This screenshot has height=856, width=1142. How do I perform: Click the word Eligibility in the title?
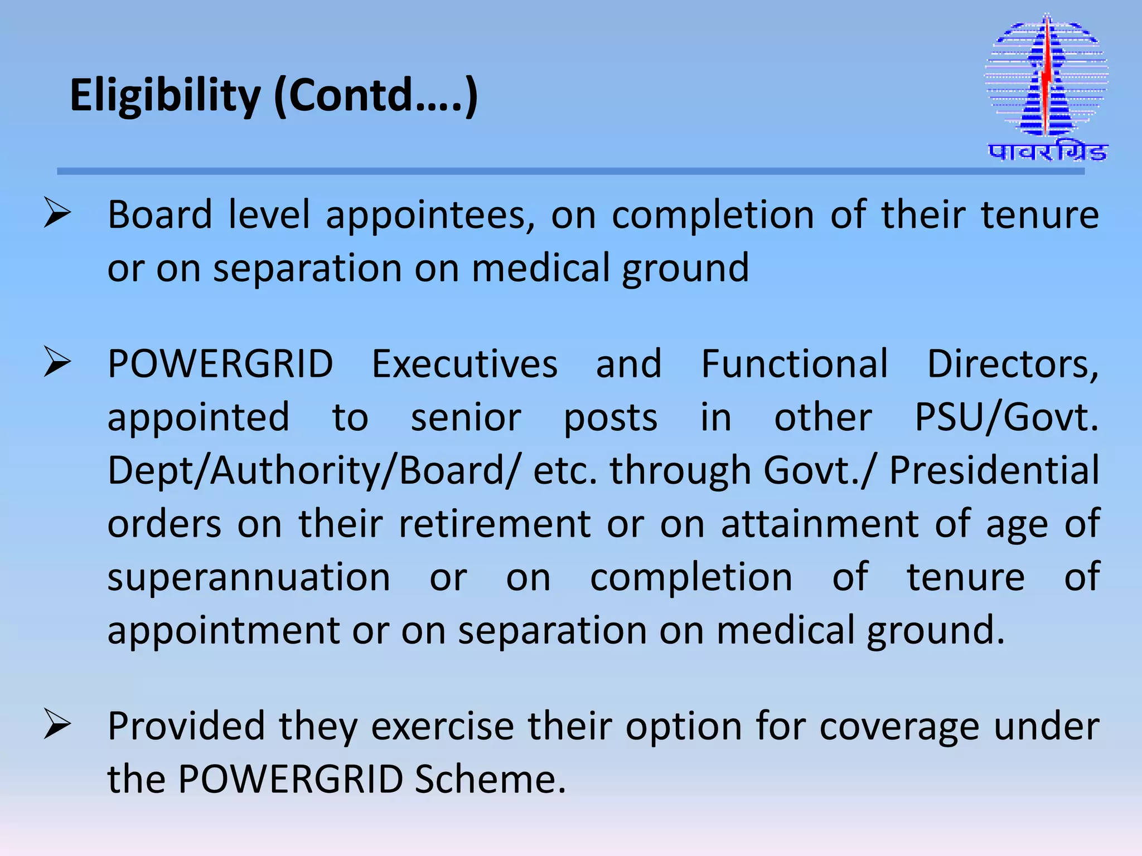tap(165, 96)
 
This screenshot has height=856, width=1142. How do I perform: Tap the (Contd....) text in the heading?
tap(376, 96)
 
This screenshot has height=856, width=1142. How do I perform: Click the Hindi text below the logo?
tap(1047, 152)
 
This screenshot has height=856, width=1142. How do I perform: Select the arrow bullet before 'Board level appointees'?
tap(57, 214)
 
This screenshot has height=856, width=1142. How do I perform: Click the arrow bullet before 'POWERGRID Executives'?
tap(57, 363)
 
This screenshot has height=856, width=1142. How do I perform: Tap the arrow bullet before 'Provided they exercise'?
tap(57, 725)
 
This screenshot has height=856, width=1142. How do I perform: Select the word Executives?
tap(464, 364)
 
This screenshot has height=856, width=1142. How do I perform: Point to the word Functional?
tap(794, 364)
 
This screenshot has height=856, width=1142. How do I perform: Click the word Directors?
tap(1013, 364)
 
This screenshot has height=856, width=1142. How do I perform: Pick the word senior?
tap(466, 418)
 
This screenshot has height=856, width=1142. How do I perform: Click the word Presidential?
tap(994, 470)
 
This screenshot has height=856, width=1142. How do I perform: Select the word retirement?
tap(495, 524)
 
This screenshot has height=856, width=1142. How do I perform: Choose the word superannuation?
tap(249, 577)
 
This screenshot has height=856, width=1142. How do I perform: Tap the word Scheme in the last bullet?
tap(490, 779)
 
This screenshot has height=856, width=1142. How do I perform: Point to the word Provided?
tap(186, 726)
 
